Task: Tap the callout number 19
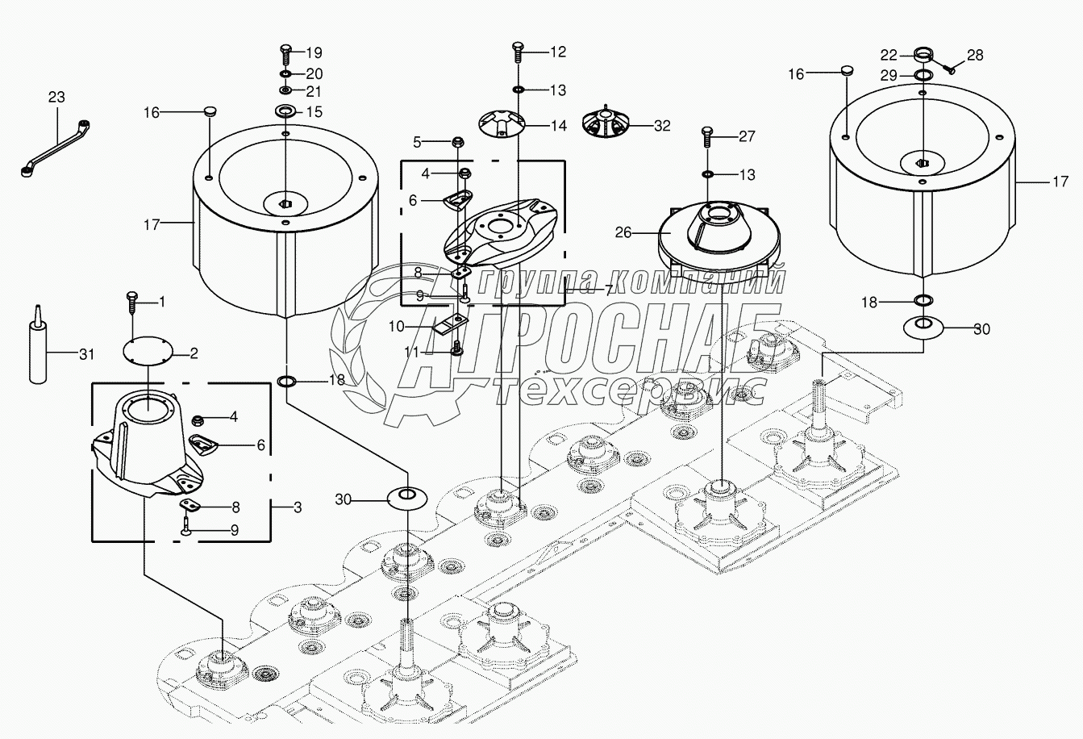click(314, 53)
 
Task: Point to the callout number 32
click(661, 126)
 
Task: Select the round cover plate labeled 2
click(148, 352)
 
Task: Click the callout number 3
click(298, 507)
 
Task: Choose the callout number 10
click(397, 326)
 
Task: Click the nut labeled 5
click(456, 143)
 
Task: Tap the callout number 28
click(975, 55)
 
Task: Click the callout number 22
click(888, 55)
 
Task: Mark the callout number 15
click(314, 111)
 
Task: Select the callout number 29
click(888, 75)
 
